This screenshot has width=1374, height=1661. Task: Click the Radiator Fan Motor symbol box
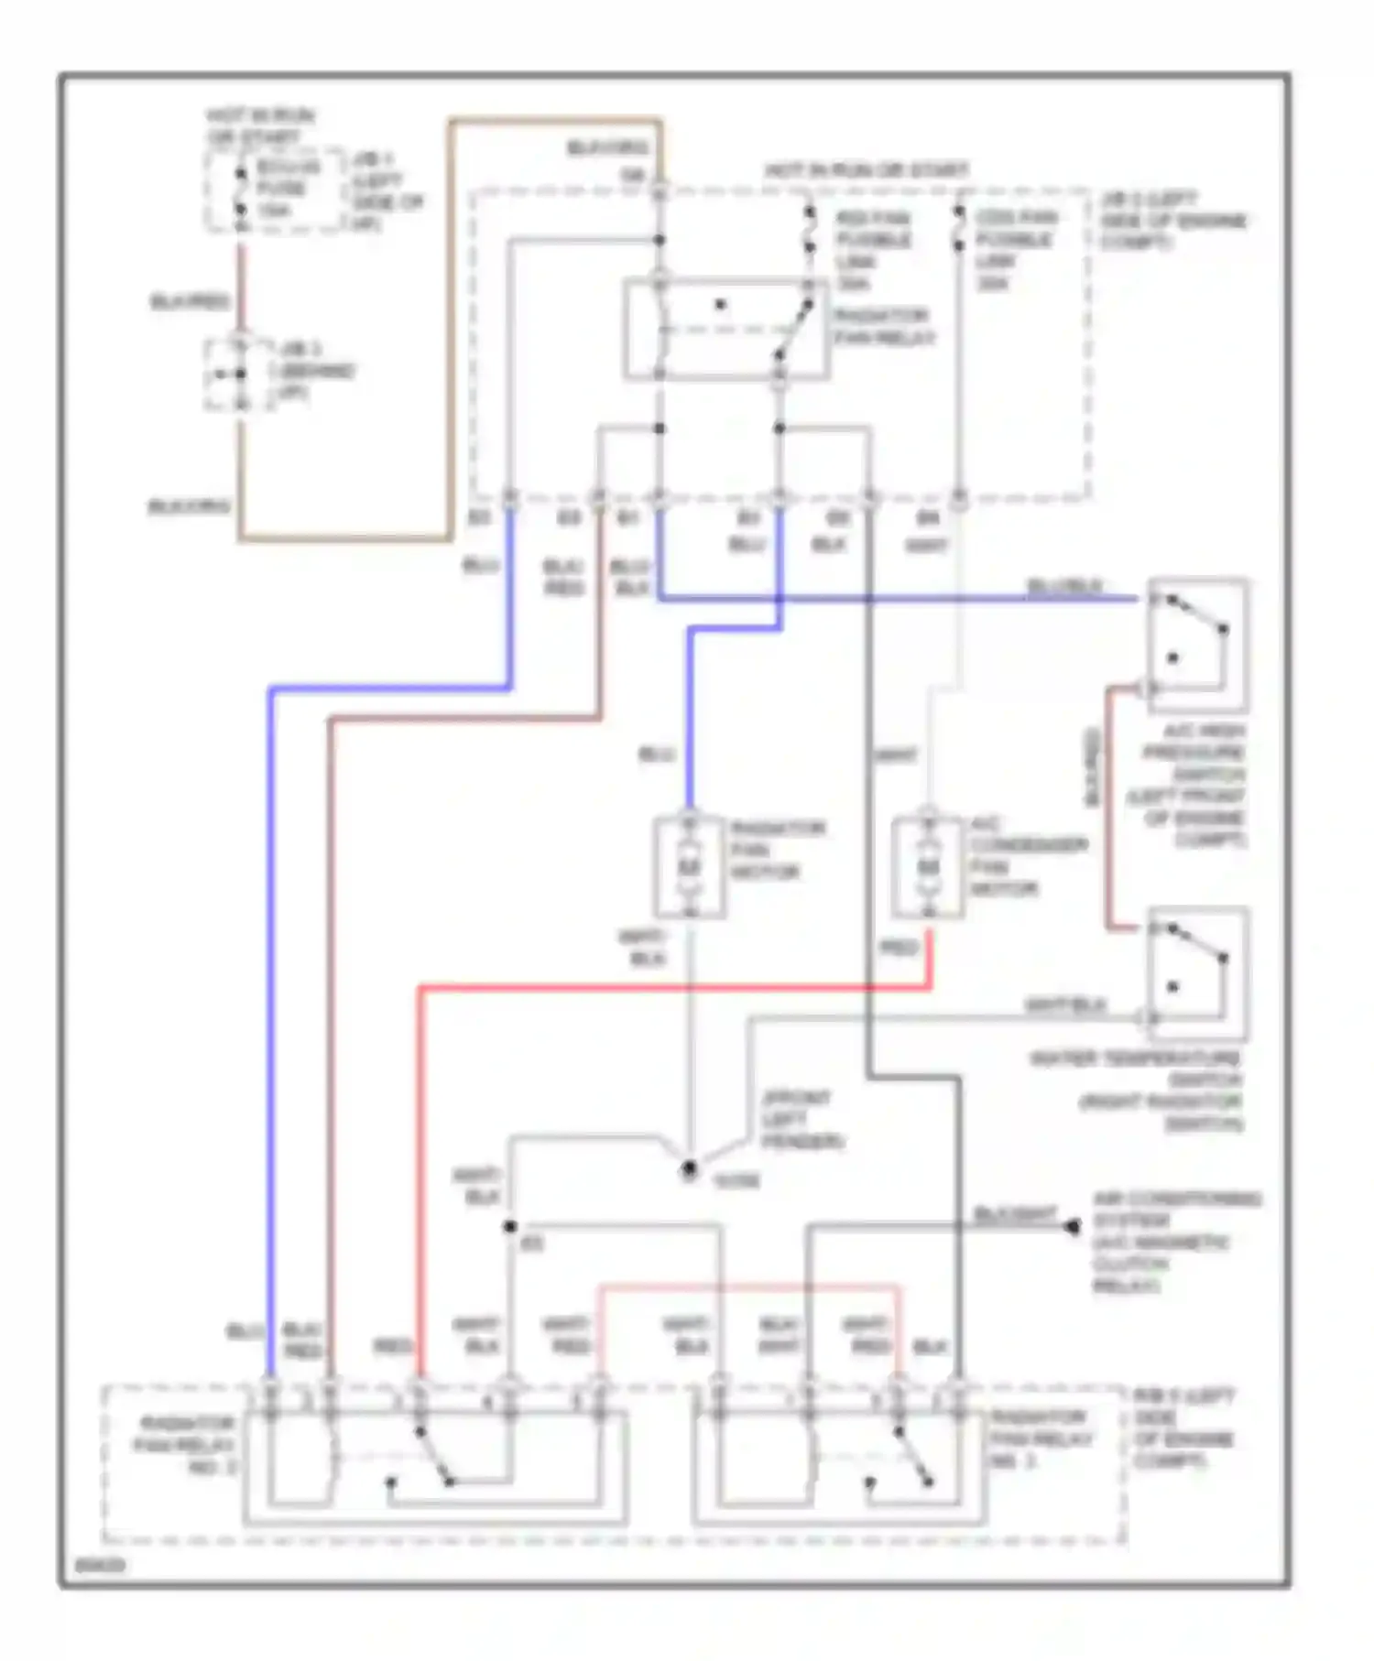(x=690, y=865)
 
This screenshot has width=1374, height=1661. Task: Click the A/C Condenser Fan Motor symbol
(x=928, y=865)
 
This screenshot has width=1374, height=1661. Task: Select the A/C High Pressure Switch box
(x=1196, y=645)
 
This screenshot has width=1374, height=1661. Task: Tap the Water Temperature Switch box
(x=1196, y=973)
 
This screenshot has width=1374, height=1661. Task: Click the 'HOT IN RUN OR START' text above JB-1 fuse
(x=258, y=126)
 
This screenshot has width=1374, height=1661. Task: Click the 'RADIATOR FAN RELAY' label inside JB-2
(x=883, y=327)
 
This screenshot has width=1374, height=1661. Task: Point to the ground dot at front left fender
(x=689, y=1169)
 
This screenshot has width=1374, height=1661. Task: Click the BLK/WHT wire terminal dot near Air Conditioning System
(x=1073, y=1226)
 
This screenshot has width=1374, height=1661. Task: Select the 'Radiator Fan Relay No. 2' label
(x=187, y=1445)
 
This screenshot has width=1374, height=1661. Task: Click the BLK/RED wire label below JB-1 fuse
(x=190, y=301)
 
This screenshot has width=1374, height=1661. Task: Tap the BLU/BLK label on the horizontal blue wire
(x=1065, y=585)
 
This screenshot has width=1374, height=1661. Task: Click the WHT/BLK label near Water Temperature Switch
(x=1065, y=1005)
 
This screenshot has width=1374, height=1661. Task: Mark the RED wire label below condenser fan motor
(x=898, y=948)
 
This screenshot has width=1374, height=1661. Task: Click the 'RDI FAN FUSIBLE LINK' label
(x=873, y=250)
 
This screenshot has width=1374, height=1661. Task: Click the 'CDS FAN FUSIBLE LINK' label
(x=1014, y=250)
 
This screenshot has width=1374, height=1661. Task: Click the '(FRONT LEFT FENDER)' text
(x=803, y=1119)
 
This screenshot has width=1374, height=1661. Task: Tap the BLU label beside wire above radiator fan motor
(x=656, y=755)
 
